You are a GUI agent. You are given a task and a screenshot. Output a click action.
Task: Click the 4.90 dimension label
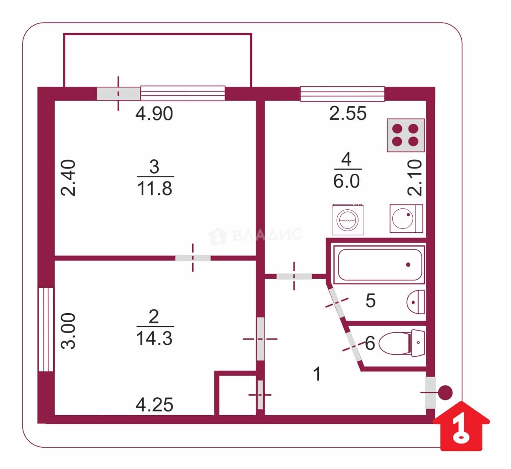154,114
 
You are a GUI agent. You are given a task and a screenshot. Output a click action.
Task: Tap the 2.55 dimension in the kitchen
348,113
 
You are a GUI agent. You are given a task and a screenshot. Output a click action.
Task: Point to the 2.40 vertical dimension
69,178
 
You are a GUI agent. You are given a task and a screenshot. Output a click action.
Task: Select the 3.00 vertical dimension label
69,331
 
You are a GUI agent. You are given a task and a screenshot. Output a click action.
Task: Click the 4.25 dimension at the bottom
154,405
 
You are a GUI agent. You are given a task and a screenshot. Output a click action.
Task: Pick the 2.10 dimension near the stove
415,178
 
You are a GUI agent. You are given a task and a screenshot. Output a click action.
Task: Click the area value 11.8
155,189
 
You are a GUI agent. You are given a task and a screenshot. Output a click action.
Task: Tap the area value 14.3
154,338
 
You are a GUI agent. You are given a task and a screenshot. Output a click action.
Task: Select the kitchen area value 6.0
346,181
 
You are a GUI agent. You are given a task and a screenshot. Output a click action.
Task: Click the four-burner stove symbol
406,135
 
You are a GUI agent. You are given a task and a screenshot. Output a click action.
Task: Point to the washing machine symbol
348,220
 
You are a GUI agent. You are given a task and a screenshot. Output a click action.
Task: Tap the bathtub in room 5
380,264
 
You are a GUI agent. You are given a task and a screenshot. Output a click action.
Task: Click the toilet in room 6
402,343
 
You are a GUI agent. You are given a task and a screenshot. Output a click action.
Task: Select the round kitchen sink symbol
406,218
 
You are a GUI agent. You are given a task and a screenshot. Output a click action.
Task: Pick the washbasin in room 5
416,302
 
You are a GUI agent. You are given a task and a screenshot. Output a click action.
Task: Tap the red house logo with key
461,426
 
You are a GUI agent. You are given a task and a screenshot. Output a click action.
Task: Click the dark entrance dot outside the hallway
445,393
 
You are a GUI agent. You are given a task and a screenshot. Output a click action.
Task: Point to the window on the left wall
46,330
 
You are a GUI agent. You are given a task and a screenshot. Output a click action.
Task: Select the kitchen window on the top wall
342,94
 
